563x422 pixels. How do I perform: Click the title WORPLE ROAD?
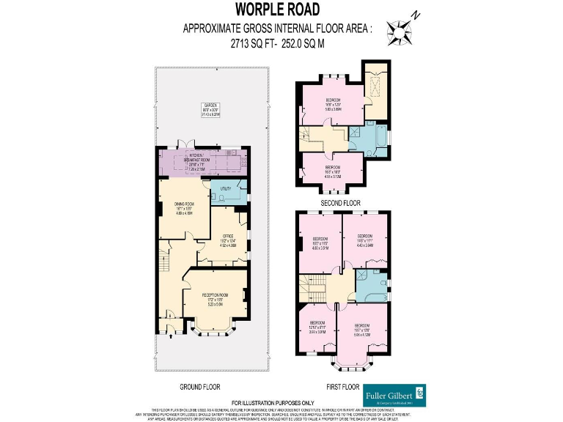point(278,10)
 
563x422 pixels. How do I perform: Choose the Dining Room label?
point(183,207)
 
